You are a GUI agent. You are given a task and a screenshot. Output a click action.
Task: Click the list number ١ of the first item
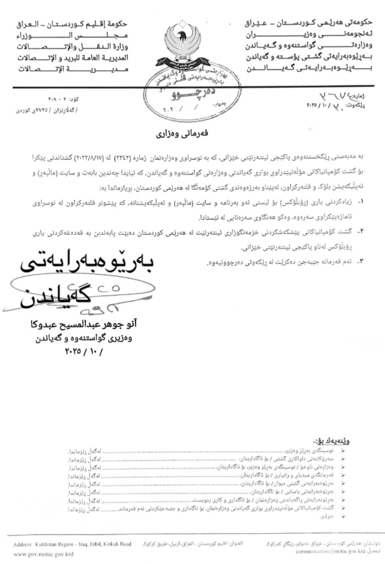click(x=361, y=202)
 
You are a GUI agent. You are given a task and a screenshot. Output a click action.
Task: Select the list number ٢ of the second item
click(x=361, y=231)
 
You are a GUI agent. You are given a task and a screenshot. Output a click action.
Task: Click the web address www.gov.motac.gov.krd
click(x=43, y=554)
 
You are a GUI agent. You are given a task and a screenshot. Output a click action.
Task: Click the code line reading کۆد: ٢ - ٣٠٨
click(x=63, y=99)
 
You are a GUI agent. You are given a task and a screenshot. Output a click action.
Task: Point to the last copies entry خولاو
click(x=328, y=517)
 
